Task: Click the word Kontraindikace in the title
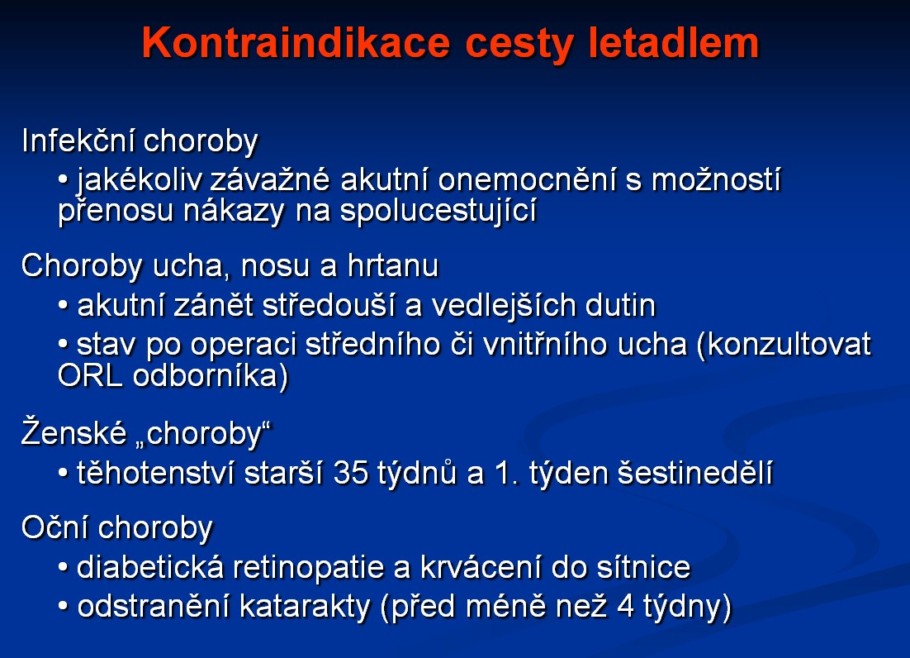tap(296, 42)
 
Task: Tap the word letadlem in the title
tap(673, 42)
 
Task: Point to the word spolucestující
tap(438, 210)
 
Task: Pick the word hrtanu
tap(393, 265)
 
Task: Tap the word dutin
tap(620, 305)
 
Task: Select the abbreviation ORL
tap(90, 376)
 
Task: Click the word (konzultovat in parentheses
tap(784, 345)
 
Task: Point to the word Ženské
tap(73, 432)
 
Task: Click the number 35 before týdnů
tap(350, 474)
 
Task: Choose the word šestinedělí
tap(694, 472)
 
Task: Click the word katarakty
tap(305, 607)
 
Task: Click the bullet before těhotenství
tap(64, 474)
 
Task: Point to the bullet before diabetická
tap(64, 568)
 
